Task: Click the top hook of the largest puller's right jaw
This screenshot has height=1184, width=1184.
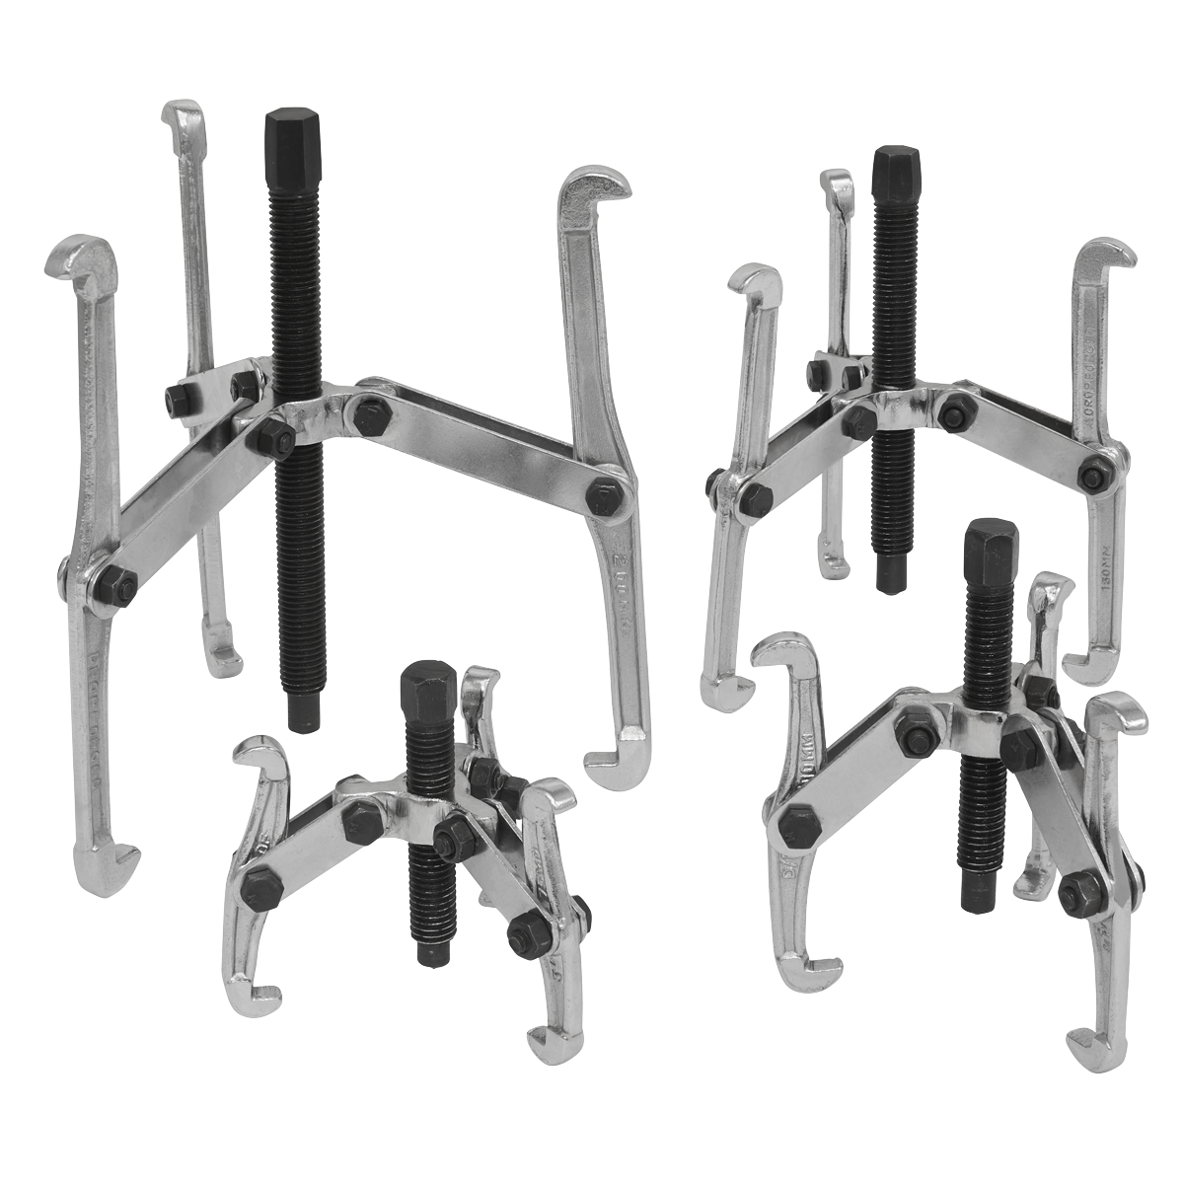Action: [581, 188]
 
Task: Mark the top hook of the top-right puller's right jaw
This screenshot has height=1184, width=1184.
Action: [1105, 255]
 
